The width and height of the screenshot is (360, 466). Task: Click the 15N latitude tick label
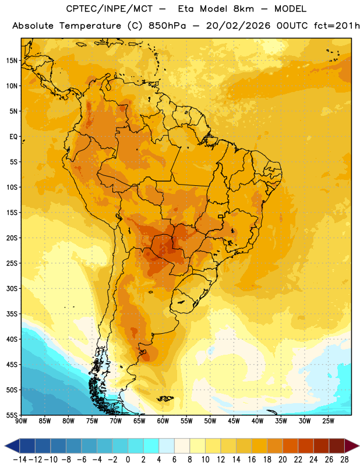12,61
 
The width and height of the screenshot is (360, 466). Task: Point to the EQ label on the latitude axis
13,137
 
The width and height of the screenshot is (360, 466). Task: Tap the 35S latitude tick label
12,314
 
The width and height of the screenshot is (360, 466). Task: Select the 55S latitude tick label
12,415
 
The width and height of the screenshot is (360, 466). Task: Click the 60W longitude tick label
163,421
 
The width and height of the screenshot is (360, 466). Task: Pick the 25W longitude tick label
328,421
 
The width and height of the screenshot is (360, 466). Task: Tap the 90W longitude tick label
22,421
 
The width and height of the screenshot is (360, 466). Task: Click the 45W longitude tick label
234,421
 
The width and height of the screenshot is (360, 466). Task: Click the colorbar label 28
344,460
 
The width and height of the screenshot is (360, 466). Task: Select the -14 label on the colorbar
20,460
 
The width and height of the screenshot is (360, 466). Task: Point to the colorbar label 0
128,460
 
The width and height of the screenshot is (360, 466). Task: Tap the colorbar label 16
252,460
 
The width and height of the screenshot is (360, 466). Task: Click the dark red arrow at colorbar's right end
352,446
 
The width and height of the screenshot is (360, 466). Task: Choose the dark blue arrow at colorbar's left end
12,446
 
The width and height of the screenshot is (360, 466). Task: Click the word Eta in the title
186,9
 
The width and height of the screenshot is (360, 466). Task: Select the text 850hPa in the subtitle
167,26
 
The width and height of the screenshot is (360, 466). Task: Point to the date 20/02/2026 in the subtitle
238,26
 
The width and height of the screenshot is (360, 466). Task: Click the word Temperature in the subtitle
90,26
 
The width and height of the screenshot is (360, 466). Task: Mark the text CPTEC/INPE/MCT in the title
110,9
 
